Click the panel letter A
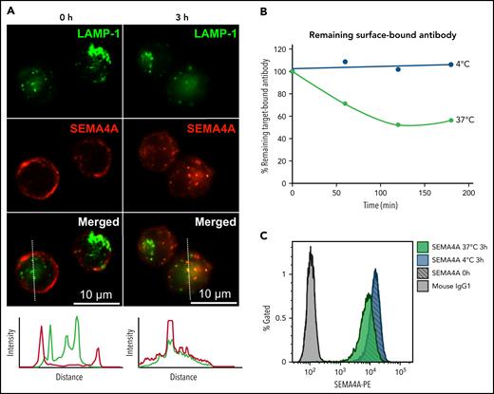point(11,10)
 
